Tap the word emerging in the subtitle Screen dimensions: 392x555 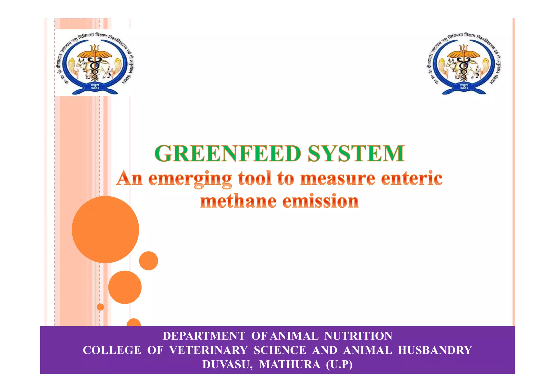click(190, 179)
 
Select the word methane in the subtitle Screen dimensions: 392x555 click(238, 201)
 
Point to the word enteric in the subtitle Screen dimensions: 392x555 click(412, 179)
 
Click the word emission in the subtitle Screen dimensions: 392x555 click(321, 201)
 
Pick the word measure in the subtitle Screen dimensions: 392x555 click(338, 179)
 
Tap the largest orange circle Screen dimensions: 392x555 click(105, 230)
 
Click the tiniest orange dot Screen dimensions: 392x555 click(100, 307)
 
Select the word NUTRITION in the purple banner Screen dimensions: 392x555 click(358, 336)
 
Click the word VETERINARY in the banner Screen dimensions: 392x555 click(208, 350)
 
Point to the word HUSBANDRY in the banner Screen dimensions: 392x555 click(435, 350)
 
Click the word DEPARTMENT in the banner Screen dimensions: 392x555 click(204, 336)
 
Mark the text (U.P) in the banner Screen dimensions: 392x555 click(339, 365)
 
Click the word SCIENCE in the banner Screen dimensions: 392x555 click(280, 350)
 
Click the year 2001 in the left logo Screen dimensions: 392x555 click(95, 88)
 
